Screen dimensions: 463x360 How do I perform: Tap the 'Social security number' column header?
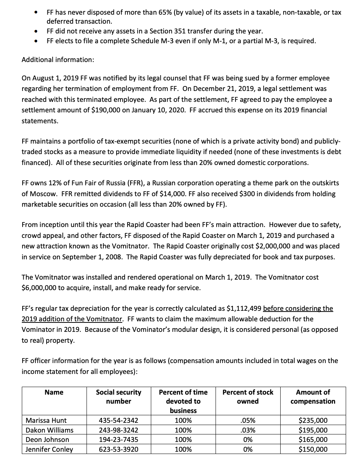[118, 396]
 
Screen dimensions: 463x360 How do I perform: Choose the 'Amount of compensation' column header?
[313, 396]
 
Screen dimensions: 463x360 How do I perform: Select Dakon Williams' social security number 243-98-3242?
[118, 430]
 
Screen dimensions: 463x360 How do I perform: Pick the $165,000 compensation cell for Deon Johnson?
[313, 440]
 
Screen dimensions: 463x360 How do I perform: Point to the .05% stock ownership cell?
[248, 421]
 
